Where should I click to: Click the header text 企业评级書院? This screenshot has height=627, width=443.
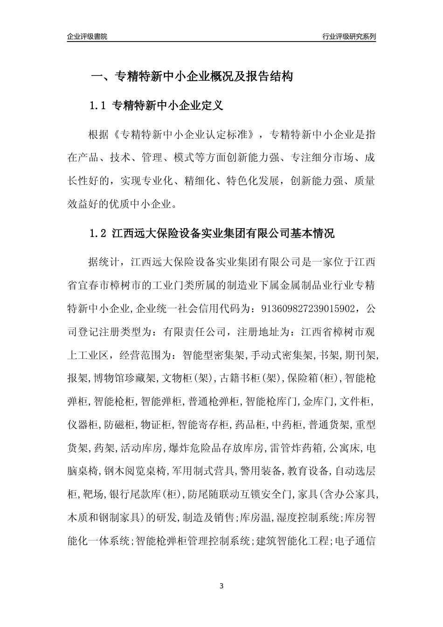coord(87,36)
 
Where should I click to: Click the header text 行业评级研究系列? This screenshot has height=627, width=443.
coord(349,36)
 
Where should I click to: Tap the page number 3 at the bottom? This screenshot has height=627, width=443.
coord(221,585)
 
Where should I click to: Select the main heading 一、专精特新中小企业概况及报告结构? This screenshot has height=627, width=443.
coord(191,77)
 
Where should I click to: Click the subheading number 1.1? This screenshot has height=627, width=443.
coord(98,106)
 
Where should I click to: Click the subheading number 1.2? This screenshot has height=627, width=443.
coord(98,233)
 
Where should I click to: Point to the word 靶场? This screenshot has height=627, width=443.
coord(90,494)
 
